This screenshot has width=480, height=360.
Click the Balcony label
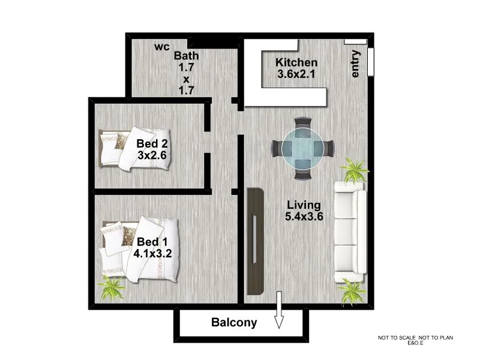(234, 323)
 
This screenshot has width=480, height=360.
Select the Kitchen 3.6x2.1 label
(296, 68)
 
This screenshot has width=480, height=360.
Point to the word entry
(355, 64)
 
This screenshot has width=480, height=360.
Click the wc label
(161, 47)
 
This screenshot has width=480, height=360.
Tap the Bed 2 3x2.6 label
(151, 149)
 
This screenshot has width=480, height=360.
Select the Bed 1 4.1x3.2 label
(153, 247)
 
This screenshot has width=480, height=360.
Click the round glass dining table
(302, 148)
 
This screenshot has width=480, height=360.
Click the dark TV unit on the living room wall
(255, 241)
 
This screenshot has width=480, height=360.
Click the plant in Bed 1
(112, 289)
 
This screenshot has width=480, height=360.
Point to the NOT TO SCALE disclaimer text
(415, 340)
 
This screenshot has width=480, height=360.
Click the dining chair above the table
(302, 124)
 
